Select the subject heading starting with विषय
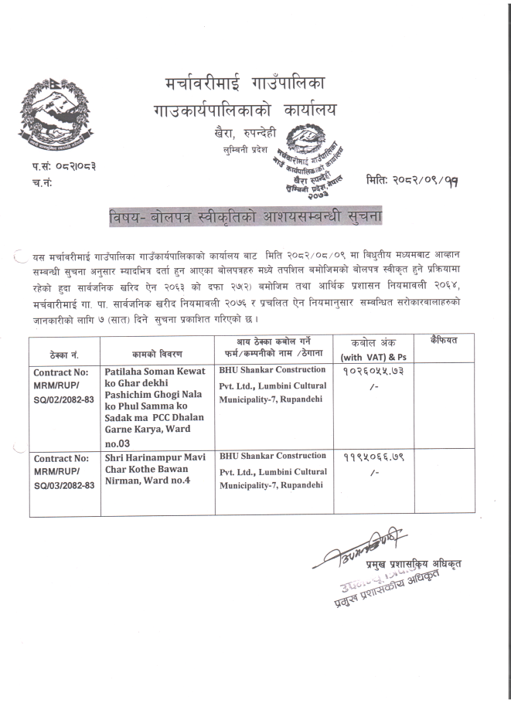coord(246,216)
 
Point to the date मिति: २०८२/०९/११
coord(411,180)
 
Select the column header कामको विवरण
coord(153,355)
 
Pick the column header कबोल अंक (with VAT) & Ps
coord(363,348)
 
